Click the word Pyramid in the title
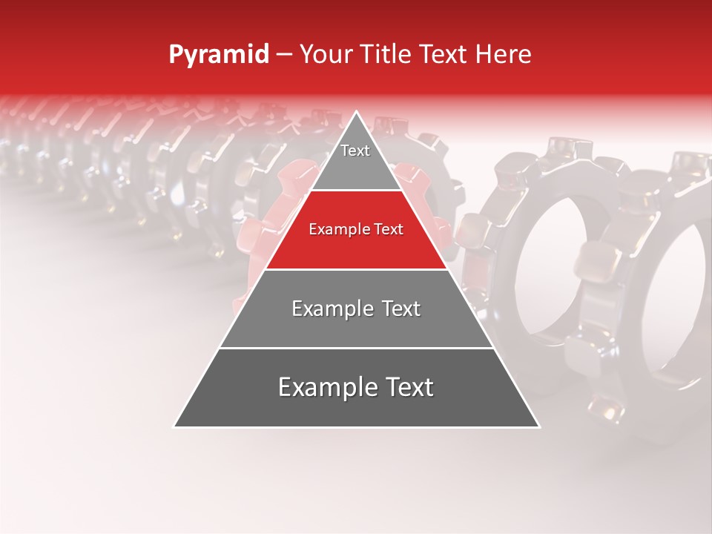[x=219, y=55]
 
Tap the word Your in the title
[x=326, y=55]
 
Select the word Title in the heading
[x=386, y=55]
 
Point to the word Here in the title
[x=504, y=55]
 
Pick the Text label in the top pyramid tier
[x=355, y=151]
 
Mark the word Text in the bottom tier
[x=409, y=388]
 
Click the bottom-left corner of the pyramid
[x=175, y=426]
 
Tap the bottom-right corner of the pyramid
[x=538, y=426]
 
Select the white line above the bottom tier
[x=357, y=348]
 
